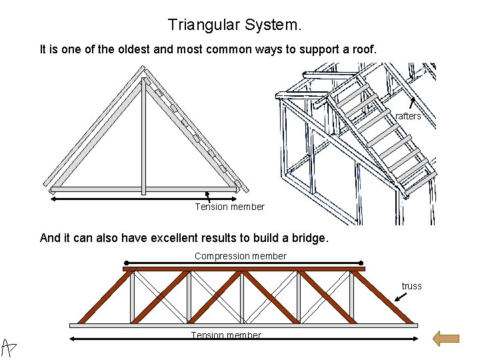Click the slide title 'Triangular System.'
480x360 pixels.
point(235,25)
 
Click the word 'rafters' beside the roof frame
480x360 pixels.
point(408,116)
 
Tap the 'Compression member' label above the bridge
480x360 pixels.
point(240,256)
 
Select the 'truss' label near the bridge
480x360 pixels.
point(411,286)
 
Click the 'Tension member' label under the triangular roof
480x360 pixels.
point(229,207)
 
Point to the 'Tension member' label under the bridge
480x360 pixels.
point(226,335)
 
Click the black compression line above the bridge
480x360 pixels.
point(243,263)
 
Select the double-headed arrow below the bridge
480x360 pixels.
point(243,339)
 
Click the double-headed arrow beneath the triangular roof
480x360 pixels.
point(143,198)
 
